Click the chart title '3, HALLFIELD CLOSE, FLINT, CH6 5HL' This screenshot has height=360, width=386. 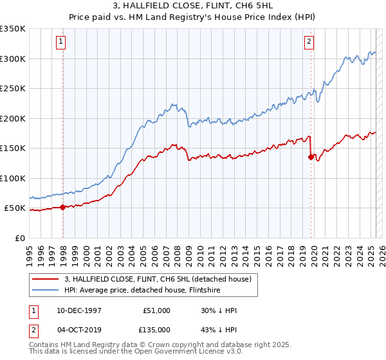click(x=193, y=7)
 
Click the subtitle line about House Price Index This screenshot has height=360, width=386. click(x=193, y=17)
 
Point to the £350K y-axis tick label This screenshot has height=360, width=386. click(x=13, y=29)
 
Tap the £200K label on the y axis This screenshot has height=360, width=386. click(x=13, y=118)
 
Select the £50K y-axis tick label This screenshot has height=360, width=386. click(x=15, y=208)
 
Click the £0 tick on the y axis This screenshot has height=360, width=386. click(x=21, y=239)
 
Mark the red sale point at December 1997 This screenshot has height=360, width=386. click(x=63, y=207)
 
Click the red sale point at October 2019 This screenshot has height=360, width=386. click(x=311, y=157)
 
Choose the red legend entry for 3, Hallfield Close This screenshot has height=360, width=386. click(x=161, y=279)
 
